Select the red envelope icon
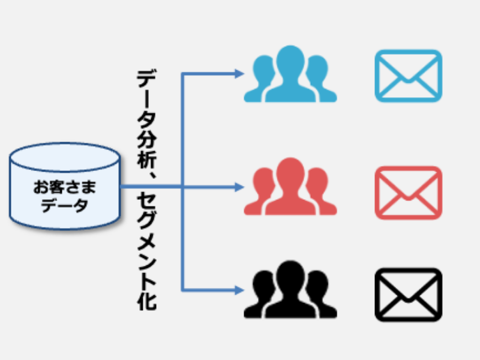point(408,192)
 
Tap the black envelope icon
point(408,294)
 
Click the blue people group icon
point(290,75)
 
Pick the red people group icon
point(290,187)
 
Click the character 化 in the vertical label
point(146,300)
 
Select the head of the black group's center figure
point(291,273)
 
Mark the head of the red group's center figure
point(291,170)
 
